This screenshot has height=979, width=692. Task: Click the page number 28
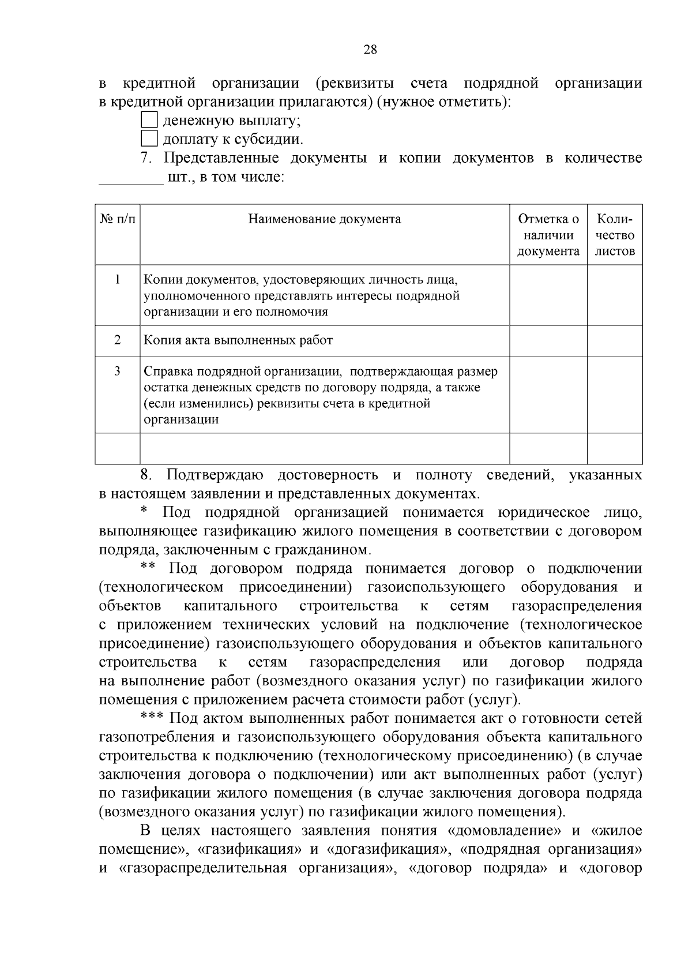[370, 50]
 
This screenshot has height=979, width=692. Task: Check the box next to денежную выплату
[149, 120]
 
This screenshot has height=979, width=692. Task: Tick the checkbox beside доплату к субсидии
[149, 138]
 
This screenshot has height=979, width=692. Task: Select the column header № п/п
[118, 219]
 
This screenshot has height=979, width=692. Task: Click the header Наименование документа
[325, 219]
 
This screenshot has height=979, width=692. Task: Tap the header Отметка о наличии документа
[548, 235]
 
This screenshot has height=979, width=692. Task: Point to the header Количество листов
[615, 235]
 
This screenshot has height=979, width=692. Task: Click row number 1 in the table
[118, 280]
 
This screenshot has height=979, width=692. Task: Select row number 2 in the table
[118, 340]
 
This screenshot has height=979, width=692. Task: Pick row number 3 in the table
[118, 371]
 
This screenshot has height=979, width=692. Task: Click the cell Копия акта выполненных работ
[238, 340]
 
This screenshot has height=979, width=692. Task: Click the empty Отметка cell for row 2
[548, 340]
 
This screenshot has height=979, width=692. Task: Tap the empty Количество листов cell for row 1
[615, 295]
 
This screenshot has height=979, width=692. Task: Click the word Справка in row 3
[165, 371]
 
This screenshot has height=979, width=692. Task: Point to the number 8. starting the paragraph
[146, 475]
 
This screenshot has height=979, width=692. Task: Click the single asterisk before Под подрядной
[145, 510]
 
